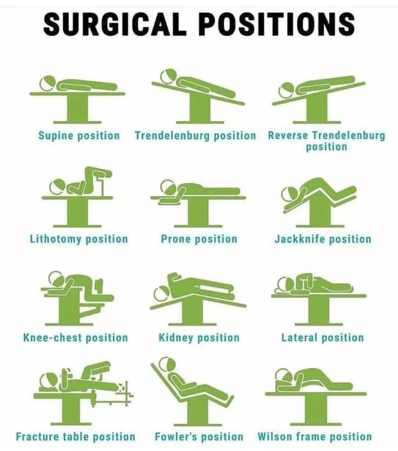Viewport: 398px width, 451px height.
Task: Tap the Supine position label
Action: point(79,136)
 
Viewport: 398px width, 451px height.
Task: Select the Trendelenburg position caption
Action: point(195,136)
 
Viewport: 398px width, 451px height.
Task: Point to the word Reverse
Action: point(288,135)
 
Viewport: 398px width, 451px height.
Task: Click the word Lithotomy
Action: point(55,239)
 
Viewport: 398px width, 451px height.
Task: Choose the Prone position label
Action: point(199,239)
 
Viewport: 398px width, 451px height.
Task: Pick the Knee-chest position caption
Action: point(75,338)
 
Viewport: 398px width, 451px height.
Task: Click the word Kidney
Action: point(176,338)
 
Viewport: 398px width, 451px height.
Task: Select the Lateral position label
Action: point(323,338)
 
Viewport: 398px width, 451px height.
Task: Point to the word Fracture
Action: point(37,437)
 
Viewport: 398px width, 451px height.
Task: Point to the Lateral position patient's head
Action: point(283,284)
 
